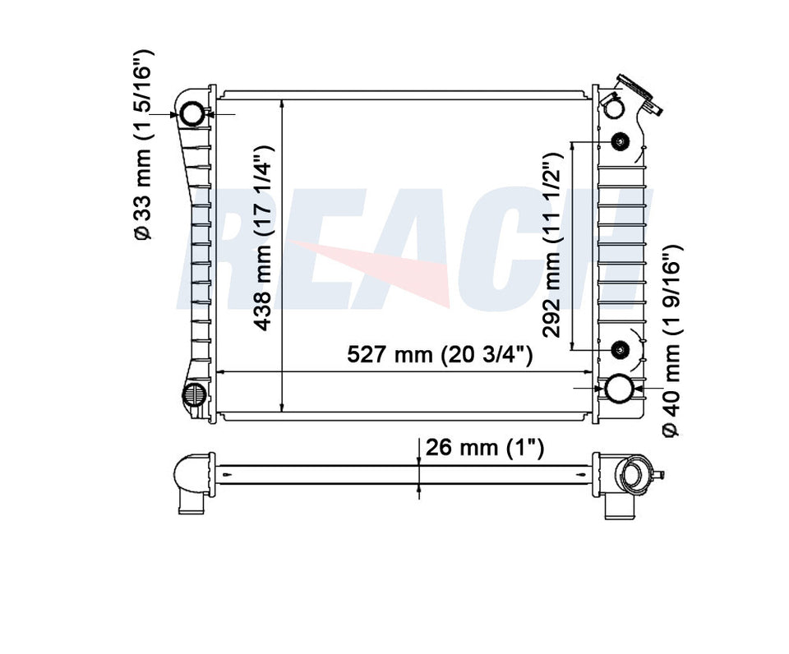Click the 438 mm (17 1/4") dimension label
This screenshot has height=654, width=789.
(x=264, y=238)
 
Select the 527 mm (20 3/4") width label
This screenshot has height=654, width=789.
(x=439, y=354)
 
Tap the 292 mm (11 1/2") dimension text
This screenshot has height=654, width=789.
(x=552, y=245)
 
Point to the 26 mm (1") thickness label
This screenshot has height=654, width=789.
(x=485, y=447)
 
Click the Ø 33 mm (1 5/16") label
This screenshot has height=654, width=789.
(x=142, y=145)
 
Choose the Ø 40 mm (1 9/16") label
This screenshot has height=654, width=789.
(x=671, y=341)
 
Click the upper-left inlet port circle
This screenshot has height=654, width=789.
(x=192, y=113)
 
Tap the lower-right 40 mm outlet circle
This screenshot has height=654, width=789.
(x=618, y=389)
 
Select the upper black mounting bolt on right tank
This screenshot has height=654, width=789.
(x=620, y=142)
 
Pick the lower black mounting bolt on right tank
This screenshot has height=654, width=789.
(x=620, y=349)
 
